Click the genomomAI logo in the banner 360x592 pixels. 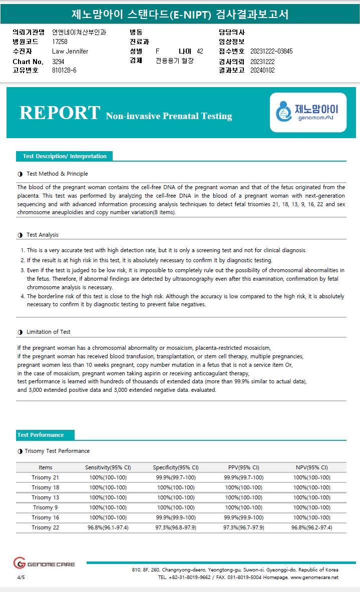click(x=308, y=113)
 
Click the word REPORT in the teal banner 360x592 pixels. click(x=60, y=113)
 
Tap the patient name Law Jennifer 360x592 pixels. click(x=70, y=51)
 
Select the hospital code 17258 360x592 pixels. click(x=60, y=42)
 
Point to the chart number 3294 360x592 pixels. click(x=59, y=62)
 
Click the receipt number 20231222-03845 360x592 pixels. click(x=271, y=51)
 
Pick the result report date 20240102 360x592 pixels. click(x=262, y=71)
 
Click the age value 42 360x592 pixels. click(x=200, y=51)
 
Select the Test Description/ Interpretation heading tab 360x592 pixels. click(x=64, y=156)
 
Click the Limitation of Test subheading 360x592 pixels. click(x=48, y=332)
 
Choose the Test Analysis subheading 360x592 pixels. click(x=42, y=235)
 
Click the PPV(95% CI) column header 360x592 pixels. click(x=243, y=467)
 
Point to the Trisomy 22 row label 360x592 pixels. click(x=45, y=527)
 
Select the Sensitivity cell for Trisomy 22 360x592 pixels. click(x=108, y=527)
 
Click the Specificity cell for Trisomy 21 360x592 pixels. click(x=176, y=477)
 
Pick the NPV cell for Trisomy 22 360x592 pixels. click(x=311, y=527)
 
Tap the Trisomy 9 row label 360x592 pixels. click(x=45, y=507)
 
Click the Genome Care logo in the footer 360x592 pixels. click(x=44, y=563)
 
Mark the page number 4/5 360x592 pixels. click(x=21, y=577)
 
